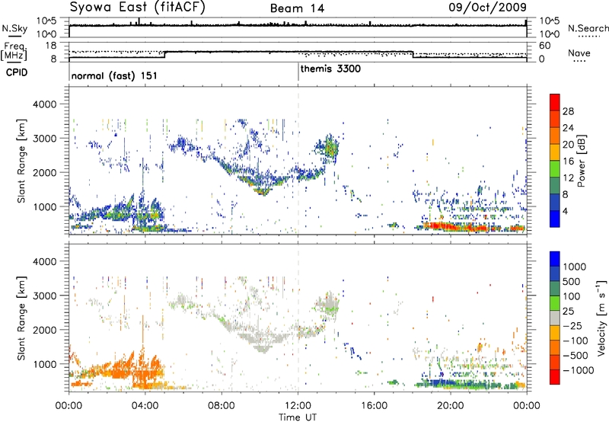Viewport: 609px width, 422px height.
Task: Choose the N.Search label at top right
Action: point(588,27)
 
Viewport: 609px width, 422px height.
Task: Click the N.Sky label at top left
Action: point(11,28)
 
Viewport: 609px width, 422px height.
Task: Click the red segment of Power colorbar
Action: point(554,103)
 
